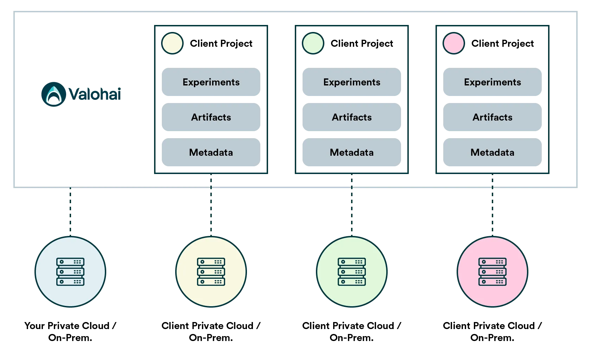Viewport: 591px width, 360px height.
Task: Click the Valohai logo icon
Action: (x=53, y=94)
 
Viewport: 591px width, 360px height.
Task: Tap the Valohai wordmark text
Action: (x=95, y=94)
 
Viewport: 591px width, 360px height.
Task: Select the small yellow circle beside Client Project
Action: (x=172, y=43)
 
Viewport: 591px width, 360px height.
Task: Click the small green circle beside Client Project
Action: (x=313, y=43)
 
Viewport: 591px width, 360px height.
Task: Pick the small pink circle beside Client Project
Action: (x=454, y=43)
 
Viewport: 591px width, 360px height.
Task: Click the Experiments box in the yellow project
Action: (x=211, y=82)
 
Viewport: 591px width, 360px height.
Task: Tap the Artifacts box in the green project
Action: (x=352, y=117)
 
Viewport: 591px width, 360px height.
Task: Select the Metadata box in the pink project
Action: (x=493, y=152)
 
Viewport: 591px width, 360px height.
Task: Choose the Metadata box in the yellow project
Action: (x=211, y=152)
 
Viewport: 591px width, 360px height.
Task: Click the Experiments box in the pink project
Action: (x=493, y=82)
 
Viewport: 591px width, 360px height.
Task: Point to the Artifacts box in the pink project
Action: (x=493, y=117)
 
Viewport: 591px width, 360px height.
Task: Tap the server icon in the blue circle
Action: (x=70, y=272)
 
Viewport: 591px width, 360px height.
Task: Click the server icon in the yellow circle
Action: (x=211, y=272)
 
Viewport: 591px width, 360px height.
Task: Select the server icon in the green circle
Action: (x=352, y=272)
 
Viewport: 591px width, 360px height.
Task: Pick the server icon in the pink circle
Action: (x=493, y=272)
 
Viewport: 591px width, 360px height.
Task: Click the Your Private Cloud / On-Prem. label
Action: (x=70, y=332)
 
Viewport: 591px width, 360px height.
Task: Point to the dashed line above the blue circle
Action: (x=70, y=212)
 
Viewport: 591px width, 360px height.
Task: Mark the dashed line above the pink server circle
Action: (x=493, y=205)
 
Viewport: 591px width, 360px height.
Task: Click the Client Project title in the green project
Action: (x=362, y=44)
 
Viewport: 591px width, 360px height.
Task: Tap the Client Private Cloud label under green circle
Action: (x=352, y=332)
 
